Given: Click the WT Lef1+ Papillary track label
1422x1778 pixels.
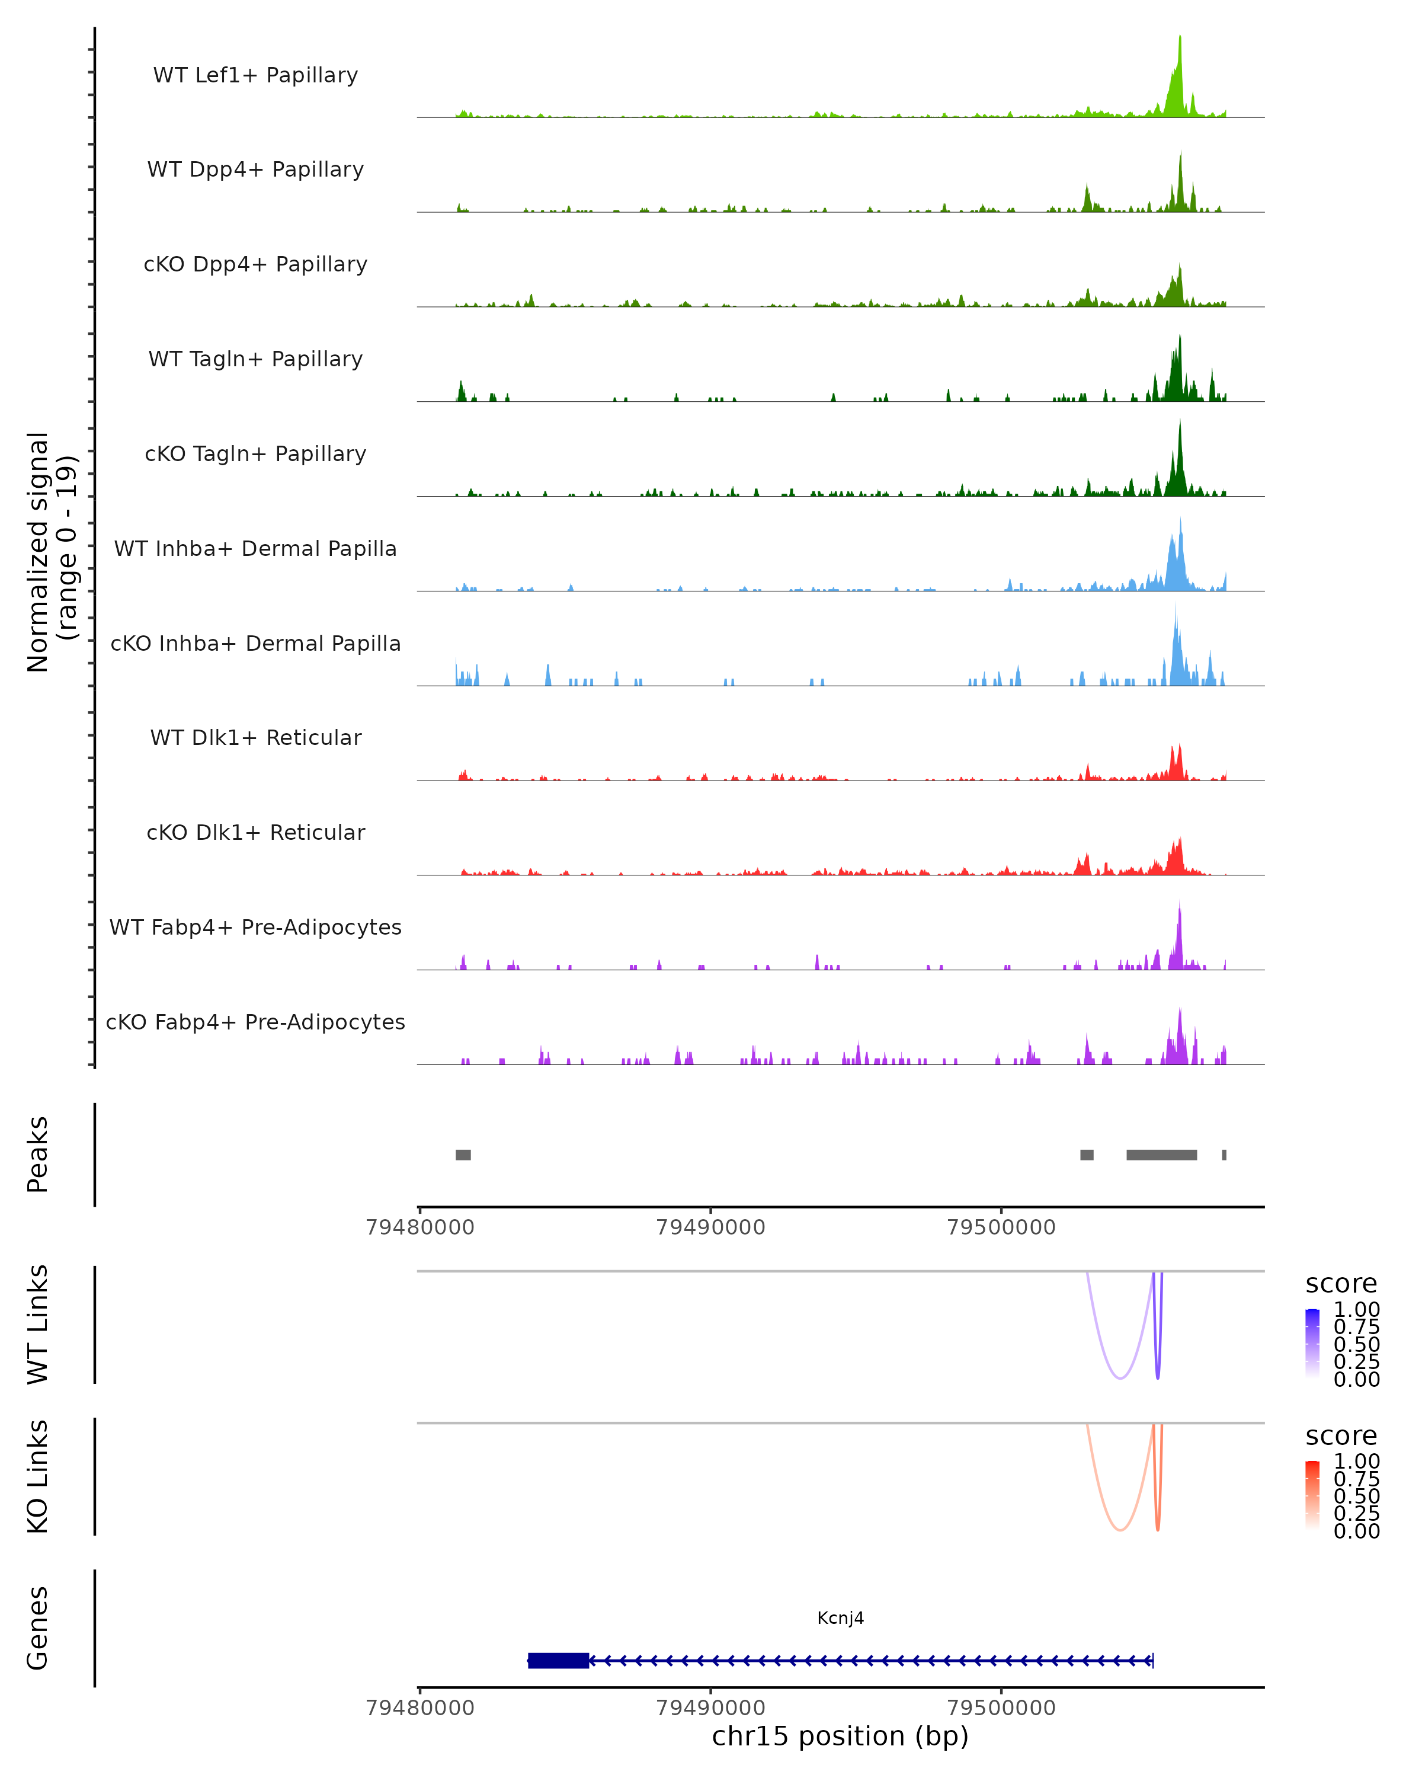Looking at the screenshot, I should click(x=255, y=75).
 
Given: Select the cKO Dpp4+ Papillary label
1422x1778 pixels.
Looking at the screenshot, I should click(x=255, y=264).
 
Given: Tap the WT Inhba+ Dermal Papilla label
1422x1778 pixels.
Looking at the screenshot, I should click(x=255, y=548).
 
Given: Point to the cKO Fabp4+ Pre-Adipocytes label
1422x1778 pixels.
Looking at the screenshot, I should click(x=255, y=1022).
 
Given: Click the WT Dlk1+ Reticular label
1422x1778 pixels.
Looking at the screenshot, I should click(x=255, y=737).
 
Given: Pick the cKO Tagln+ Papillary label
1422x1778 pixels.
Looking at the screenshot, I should click(x=255, y=453).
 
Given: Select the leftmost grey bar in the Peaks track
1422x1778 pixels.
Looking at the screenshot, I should click(x=463, y=1155).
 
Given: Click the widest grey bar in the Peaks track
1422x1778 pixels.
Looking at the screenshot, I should click(x=1161, y=1155).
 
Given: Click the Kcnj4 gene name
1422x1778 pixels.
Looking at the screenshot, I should click(x=840, y=1618).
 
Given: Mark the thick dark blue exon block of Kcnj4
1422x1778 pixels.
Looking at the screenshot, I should click(x=559, y=1660).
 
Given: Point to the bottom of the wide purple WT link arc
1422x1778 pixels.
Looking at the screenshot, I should click(x=1120, y=1378).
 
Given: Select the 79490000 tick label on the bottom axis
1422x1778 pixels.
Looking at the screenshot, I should click(x=710, y=1707).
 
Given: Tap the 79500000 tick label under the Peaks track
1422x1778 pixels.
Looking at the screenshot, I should click(x=1001, y=1227).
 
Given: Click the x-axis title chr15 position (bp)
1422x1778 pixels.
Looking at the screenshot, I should click(x=840, y=1737).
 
